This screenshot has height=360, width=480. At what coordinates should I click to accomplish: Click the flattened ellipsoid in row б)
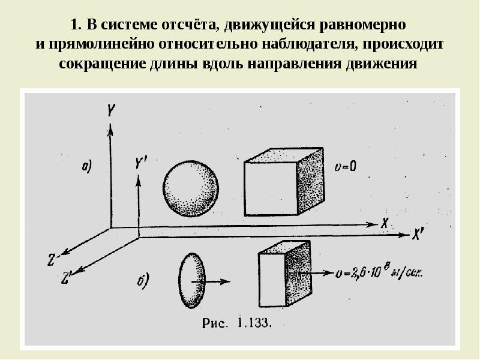192,279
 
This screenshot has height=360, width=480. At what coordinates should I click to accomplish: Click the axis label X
385,222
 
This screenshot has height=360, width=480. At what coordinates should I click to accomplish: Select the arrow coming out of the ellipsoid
216,280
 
